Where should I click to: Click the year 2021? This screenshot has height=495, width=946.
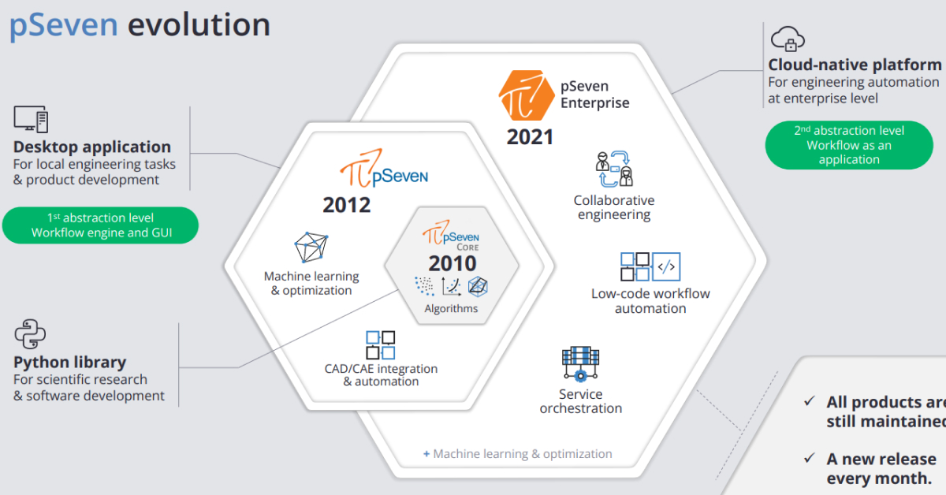click(530, 137)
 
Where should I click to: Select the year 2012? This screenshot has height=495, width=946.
click(346, 205)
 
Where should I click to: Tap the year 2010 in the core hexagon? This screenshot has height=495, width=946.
click(453, 263)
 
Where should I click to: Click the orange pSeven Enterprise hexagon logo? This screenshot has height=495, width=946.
click(527, 95)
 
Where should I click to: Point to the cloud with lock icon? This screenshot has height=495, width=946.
click(788, 39)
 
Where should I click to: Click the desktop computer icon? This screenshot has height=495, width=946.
click(31, 119)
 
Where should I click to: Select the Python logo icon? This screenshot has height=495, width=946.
click(30, 333)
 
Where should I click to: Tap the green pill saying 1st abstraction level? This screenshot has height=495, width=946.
click(101, 225)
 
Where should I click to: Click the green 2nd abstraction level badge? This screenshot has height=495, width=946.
click(849, 145)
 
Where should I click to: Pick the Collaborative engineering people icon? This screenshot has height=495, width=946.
click(614, 169)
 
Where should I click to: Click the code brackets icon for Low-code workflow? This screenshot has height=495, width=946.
click(666, 266)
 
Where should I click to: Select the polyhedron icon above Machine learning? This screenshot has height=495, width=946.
click(311, 247)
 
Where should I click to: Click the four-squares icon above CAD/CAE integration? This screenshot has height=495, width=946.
click(381, 345)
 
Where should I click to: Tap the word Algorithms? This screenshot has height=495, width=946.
click(451, 308)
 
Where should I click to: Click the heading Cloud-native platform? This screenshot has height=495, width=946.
click(855, 65)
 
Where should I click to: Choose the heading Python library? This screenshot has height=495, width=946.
click(69, 363)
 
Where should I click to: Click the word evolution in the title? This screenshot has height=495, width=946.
click(199, 25)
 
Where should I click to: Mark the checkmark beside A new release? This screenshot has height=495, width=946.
click(809, 458)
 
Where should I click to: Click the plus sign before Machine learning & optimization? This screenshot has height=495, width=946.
click(426, 454)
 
